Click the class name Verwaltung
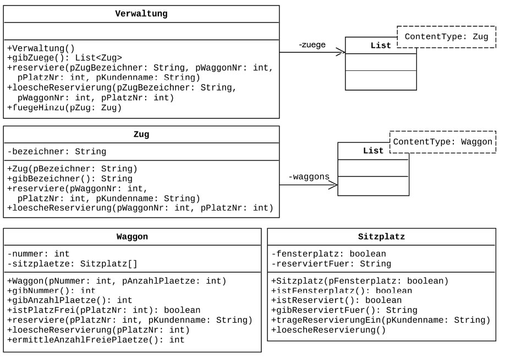click(142, 13)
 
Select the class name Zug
click(142, 134)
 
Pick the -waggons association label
click(309, 176)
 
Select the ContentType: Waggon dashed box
click(443, 142)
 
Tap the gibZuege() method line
click(65, 58)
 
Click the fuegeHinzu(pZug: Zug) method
click(64, 107)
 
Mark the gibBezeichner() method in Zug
click(70, 179)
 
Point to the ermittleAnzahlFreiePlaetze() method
click(96, 339)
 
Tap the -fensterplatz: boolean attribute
click(328, 254)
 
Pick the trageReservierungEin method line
click(380, 320)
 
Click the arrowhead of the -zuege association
click(341, 52)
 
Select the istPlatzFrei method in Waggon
click(103, 310)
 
